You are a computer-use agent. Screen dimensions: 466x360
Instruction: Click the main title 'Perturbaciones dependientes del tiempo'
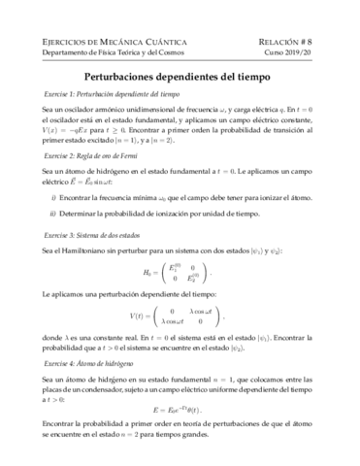pyautogui.click(x=180, y=73)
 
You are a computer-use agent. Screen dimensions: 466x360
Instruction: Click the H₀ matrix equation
pyautogui.click(x=180, y=276)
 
